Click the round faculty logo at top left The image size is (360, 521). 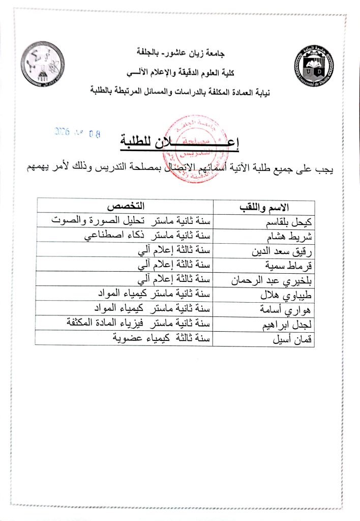(x=42, y=64)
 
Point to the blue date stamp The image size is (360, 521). (x=77, y=134)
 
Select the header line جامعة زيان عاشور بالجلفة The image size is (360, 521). (x=181, y=52)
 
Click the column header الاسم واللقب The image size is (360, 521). (x=263, y=207)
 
